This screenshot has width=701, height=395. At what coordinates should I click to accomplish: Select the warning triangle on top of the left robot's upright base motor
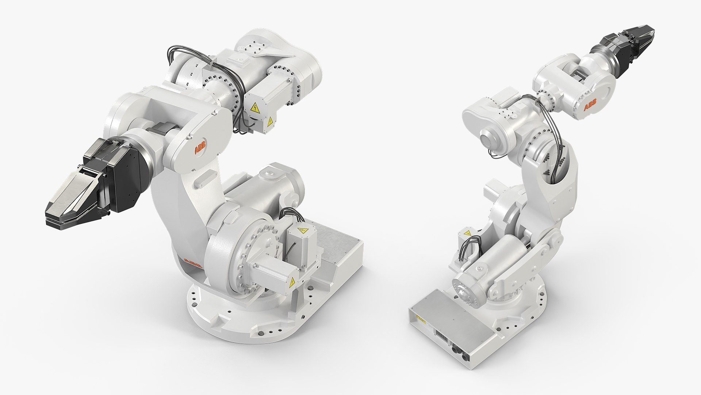pos(302,231)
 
